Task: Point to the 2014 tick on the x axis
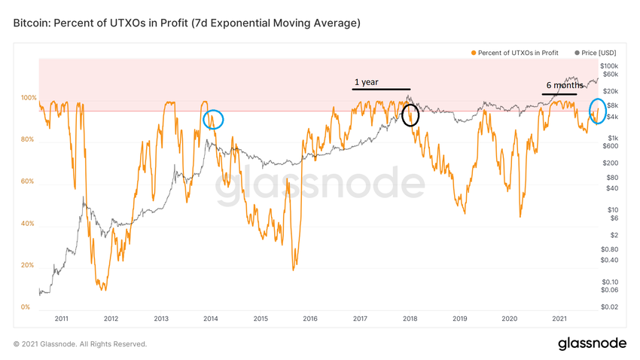(211, 319)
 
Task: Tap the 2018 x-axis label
(410, 319)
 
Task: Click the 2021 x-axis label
(559, 319)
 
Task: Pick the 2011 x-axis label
(62, 319)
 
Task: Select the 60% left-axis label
(29, 182)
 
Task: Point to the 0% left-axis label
(26, 307)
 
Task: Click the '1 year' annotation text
(366, 82)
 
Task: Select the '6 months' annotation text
(565, 86)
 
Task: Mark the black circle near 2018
(410, 114)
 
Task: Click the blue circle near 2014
(214, 119)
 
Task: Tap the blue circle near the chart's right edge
(599, 111)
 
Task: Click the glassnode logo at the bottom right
(592, 343)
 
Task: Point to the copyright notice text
(80, 344)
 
